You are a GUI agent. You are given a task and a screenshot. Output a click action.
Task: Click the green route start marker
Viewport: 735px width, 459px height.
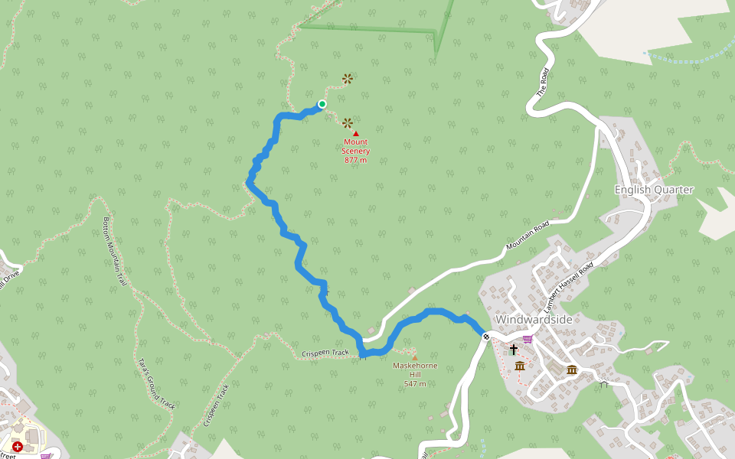[322, 104]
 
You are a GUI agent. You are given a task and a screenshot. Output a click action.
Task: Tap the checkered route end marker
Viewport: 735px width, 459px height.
[487, 336]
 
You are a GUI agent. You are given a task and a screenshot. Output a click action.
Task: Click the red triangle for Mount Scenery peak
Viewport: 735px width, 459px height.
[356, 134]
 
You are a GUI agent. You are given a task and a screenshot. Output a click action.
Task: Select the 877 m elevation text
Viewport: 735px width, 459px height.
[355, 160]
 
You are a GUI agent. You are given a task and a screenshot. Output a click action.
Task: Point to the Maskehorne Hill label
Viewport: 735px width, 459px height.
[414, 369]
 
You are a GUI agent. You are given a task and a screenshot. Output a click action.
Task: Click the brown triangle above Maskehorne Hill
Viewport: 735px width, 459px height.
[415, 357]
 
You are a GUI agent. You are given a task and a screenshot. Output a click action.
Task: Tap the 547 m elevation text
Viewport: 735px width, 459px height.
[415, 383]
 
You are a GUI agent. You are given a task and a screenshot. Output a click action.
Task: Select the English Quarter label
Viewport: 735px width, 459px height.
[654, 190]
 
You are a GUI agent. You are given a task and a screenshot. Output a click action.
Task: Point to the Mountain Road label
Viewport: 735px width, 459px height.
[528, 237]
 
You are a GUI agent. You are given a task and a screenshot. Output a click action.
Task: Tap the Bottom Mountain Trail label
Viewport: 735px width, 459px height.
[114, 251]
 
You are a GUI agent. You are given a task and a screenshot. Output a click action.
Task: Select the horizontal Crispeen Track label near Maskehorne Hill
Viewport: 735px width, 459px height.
[325, 353]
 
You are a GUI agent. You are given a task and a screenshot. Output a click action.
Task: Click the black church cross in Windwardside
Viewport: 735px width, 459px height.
[513, 350]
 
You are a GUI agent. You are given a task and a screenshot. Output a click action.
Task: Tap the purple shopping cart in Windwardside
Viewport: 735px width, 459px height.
[528, 339]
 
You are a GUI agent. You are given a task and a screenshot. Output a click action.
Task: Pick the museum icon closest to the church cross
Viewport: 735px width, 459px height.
[520, 366]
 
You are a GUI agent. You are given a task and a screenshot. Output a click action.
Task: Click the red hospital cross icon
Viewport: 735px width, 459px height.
[17, 446]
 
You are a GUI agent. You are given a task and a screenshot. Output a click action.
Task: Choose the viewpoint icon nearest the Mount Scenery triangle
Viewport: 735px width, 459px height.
[348, 122]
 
